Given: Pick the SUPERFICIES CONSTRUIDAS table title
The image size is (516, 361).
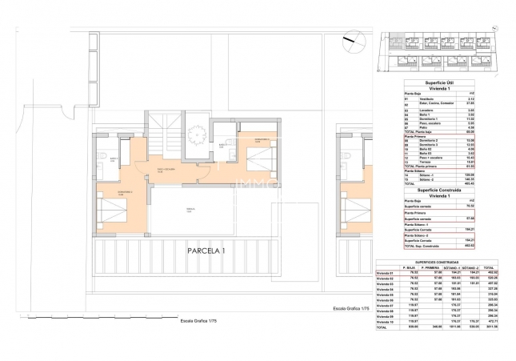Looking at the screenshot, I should (x=435, y=262).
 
